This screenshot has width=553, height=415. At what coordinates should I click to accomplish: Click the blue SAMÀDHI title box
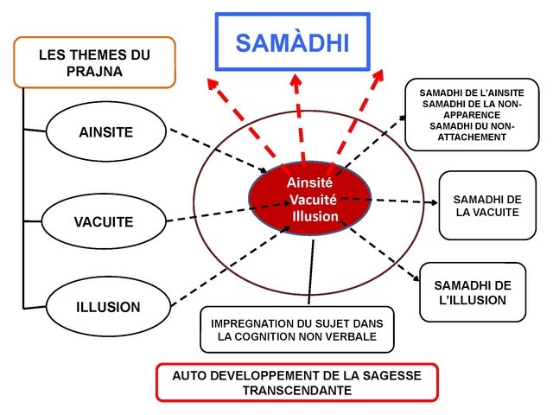[293, 42]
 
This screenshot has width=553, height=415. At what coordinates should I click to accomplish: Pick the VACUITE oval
[104, 221]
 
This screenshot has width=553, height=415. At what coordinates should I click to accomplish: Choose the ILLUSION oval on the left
[106, 306]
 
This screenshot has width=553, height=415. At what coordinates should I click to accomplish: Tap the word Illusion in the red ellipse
[315, 216]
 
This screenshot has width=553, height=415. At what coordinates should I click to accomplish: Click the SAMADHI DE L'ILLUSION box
[472, 292]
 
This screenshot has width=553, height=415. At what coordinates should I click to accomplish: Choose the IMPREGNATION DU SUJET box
[296, 329]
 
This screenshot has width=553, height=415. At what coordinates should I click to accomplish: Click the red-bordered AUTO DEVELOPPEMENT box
[297, 383]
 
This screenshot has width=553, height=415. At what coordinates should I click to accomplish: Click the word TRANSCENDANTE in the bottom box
[297, 391]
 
